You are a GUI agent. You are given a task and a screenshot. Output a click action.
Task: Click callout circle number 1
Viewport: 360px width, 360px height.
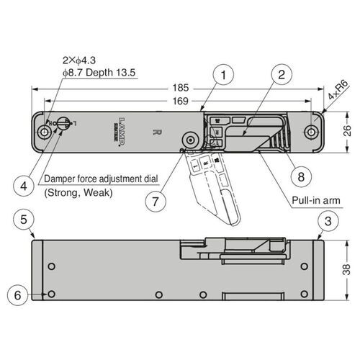pyautogui.click(x=225, y=75)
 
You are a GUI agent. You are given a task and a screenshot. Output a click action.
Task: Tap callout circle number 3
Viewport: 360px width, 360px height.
pyautogui.click(x=327, y=220)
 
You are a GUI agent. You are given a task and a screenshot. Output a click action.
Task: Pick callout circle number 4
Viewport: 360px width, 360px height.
pyautogui.click(x=24, y=185)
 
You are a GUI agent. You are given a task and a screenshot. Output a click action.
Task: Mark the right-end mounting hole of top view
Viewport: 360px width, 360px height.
pyautogui.click(x=310, y=132)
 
